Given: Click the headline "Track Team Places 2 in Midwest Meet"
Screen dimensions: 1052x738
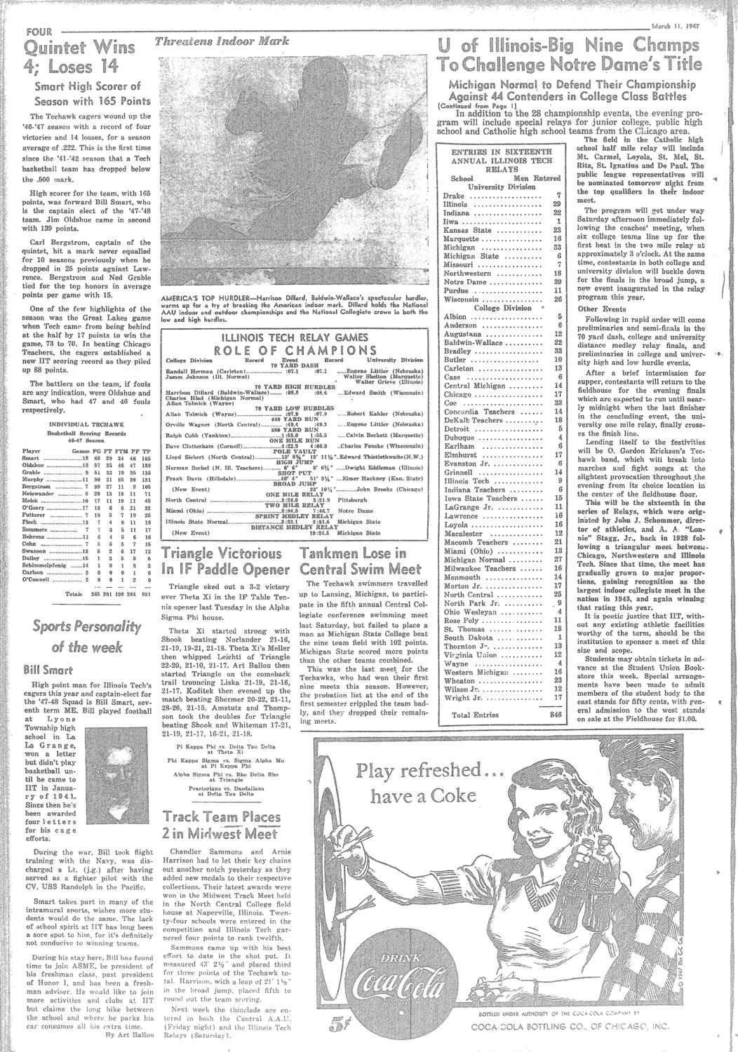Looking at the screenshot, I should coord(217,825).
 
